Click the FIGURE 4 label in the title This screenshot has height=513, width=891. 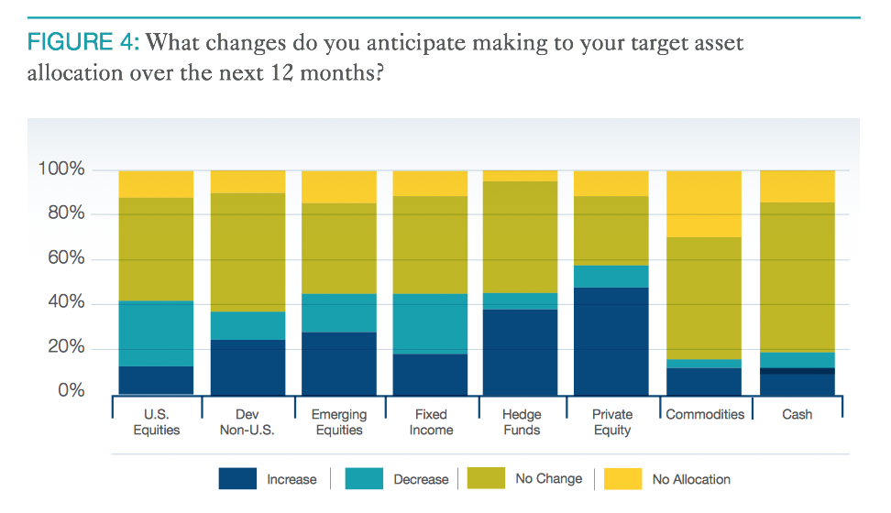(82, 43)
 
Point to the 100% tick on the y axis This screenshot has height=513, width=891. (61, 170)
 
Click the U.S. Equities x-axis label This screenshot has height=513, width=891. (156, 422)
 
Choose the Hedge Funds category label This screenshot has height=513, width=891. (522, 422)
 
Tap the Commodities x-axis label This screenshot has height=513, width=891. (705, 414)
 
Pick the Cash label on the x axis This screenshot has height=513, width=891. (797, 414)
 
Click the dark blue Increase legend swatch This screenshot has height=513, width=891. (237, 479)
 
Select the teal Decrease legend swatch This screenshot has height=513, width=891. (365, 479)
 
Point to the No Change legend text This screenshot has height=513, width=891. (548, 478)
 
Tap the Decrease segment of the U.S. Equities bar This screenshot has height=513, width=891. (156, 333)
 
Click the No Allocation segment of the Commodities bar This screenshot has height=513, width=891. (704, 203)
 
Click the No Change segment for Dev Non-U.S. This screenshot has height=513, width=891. (247, 252)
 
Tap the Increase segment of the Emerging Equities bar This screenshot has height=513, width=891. (339, 363)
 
